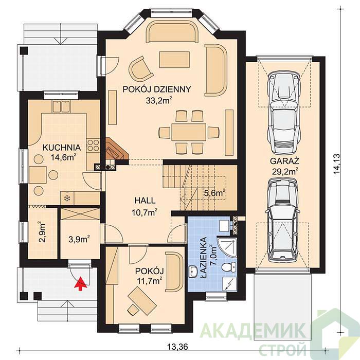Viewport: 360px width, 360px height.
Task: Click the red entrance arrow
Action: pos(80,284)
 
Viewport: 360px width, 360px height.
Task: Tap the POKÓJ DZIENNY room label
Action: pos(157,89)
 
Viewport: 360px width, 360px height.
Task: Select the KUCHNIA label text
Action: pos(62,148)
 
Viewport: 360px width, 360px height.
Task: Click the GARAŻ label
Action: pos(284,161)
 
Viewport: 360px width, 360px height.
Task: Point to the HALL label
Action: pos(145,201)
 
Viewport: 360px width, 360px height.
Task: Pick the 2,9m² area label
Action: pos(43,232)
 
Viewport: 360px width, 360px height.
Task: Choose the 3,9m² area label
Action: pos(79,239)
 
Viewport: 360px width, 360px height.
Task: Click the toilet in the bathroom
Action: pos(229,267)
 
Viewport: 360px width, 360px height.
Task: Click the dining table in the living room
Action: pos(189,133)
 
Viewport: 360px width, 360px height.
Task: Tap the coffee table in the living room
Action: pos(174,60)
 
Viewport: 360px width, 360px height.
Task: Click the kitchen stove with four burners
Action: pos(93,146)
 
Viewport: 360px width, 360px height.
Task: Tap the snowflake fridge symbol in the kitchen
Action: pos(67,198)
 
